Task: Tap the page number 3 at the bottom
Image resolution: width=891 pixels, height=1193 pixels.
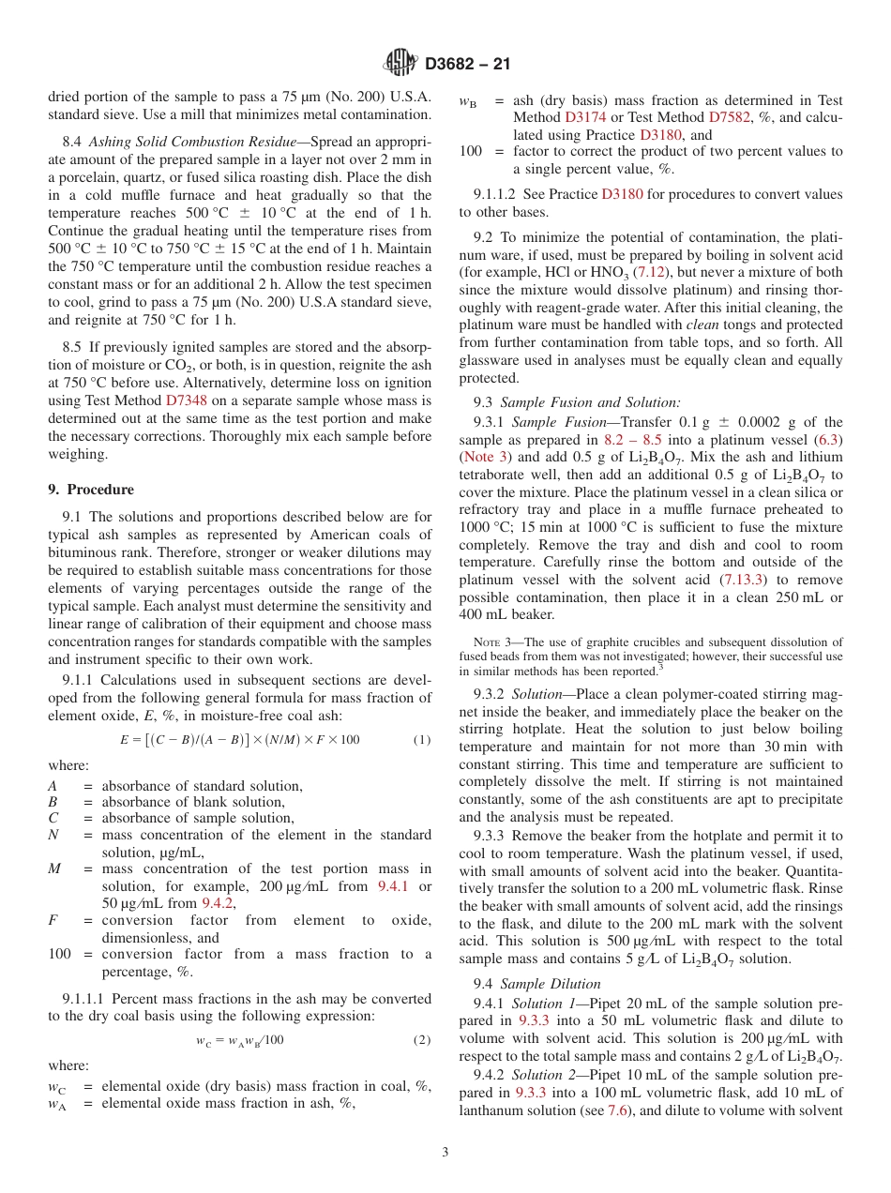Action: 445,1153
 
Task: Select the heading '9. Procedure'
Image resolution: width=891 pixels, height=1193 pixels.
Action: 91,490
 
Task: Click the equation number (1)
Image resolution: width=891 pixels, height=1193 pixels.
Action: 422,740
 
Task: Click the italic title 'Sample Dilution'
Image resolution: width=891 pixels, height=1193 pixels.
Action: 551,984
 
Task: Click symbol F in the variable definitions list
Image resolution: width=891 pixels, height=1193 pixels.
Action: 53,921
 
